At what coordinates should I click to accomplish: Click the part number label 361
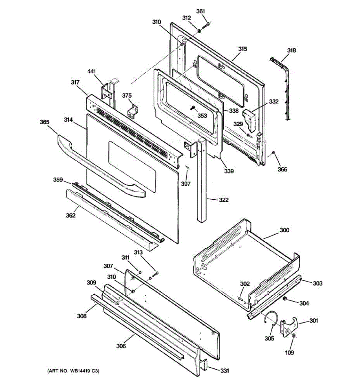pos(200,11)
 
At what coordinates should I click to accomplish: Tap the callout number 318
pos(291,50)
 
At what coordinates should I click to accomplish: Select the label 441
pos(92,71)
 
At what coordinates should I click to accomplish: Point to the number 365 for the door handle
pos(44,122)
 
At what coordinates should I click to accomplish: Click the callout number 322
pos(224,200)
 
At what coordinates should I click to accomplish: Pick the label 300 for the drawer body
pos(284,230)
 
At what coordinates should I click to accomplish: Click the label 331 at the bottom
pos(225,371)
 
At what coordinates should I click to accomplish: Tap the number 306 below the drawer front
pos(121,346)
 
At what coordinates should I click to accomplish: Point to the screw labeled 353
pos(193,108)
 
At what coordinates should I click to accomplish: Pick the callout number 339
pos(228,171)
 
